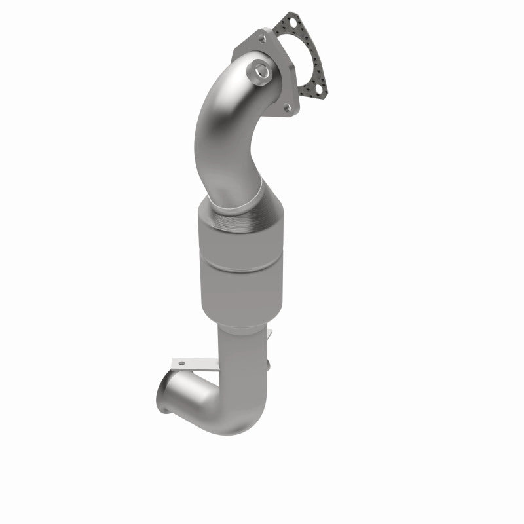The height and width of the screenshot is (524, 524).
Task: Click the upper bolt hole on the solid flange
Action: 261,39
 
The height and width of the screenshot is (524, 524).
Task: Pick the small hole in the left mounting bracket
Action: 181,362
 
